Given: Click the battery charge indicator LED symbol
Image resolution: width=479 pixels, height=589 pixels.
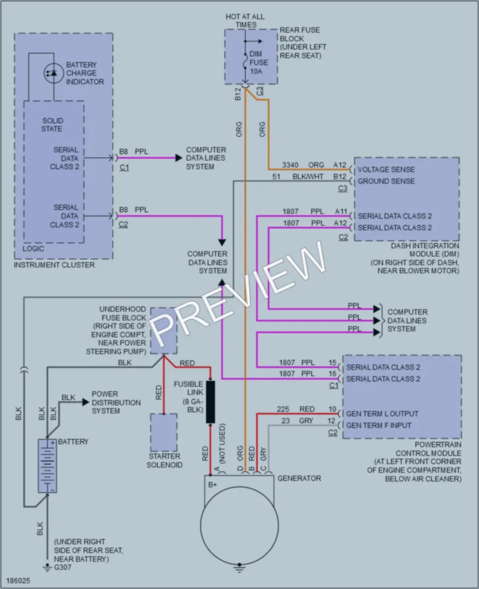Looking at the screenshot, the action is point(54,73).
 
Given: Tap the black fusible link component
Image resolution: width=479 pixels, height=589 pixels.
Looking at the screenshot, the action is point(211,402).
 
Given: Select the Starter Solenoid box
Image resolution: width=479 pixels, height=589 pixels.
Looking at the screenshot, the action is point(164,433).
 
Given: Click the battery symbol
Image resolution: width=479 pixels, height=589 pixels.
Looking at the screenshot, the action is point(47,466).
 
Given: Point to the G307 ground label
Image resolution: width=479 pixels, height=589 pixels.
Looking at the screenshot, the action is point(63,567).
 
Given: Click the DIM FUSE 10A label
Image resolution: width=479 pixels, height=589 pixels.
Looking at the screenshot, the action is point(258,62).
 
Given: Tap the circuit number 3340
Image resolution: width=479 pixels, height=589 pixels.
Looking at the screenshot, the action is point(290,165).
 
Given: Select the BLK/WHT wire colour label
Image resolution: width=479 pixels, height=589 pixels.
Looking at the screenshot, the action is point(308,177).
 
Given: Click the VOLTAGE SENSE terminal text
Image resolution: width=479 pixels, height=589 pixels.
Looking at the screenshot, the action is point(386,169).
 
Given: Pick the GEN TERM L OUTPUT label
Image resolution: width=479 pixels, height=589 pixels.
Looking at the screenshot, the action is point(382,413).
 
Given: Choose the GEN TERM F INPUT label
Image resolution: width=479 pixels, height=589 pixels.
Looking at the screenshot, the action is point(379,425).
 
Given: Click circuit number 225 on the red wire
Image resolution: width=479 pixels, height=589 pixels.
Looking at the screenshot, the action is point(283,409).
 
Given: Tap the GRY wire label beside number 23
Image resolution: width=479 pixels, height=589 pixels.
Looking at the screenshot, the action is point(306,421).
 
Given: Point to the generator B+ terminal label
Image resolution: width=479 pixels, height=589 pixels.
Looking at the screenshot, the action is point(212,484).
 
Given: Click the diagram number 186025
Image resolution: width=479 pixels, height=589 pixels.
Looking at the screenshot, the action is point(18,581).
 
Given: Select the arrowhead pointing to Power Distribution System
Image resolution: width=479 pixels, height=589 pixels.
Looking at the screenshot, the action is point(86,402).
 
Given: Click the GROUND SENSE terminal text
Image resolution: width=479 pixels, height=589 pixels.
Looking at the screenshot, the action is point(386,181).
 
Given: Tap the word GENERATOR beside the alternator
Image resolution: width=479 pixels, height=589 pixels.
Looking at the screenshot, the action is point(299,478).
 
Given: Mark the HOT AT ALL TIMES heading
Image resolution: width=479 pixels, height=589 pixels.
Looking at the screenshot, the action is point(245,21).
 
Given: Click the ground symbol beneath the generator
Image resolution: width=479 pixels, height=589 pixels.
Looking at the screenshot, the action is point(240,567).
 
